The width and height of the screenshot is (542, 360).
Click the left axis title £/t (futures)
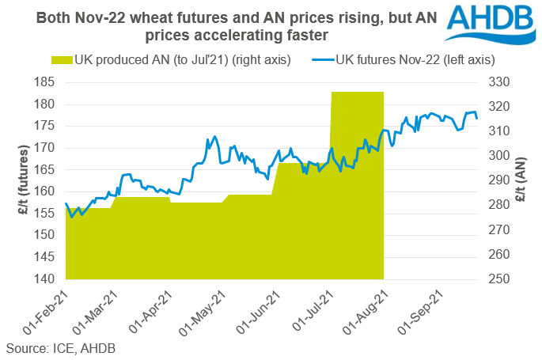17,180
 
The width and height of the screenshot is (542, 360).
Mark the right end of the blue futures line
477,118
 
